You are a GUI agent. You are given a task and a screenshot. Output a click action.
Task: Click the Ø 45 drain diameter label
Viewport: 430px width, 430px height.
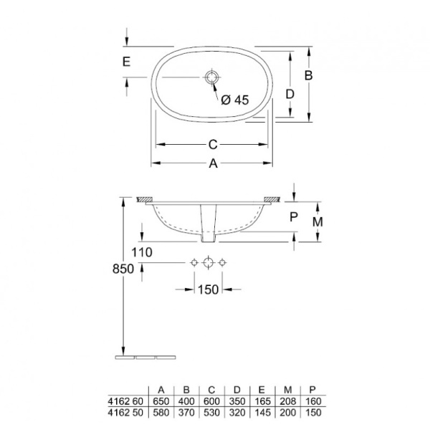coord(234,100)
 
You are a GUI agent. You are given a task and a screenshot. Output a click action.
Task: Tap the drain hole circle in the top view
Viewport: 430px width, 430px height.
coord(213,76)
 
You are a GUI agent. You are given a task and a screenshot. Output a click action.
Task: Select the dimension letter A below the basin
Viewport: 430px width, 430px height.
coord(213,163)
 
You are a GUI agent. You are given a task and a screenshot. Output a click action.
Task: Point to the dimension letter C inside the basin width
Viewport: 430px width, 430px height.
coord(213,143)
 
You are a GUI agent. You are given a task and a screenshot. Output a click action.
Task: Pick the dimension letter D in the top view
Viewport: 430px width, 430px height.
coord(290,94)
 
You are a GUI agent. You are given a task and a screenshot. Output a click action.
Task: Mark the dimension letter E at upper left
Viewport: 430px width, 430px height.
coord(126,62)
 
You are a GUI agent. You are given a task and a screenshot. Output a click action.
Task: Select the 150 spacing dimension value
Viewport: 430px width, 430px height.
coord(208,290)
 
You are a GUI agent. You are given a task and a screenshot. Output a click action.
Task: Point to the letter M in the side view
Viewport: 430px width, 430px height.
coord(318,221)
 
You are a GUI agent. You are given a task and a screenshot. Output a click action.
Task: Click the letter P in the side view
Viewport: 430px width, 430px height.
coord(294,214)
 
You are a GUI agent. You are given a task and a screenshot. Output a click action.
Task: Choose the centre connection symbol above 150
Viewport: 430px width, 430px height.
coord(208,263)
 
